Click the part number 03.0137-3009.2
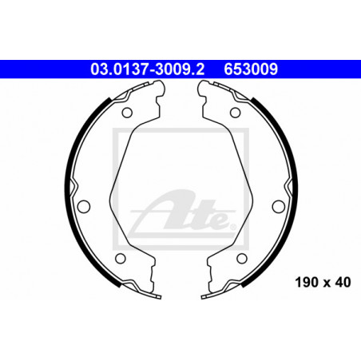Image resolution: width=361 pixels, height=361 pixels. click(x=148, y=69)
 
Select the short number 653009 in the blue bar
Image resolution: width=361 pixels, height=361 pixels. click(x=251, y=69)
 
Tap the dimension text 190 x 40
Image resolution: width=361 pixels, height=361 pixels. click(x=323, y=282)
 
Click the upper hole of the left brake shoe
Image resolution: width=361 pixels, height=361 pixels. click(x=127, y=113)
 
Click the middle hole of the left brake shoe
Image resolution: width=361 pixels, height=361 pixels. click(x=84, y=206)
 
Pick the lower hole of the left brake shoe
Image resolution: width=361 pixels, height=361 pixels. click(x=121, y=258)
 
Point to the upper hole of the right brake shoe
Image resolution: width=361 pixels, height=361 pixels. click(x=235, y=113)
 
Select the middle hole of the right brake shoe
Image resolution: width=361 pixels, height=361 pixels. click(x=279, y=206)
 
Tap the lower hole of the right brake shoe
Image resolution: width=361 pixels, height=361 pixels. click(x=242, y=258)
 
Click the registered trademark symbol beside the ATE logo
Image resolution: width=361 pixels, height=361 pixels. click(x=232, y=227)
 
